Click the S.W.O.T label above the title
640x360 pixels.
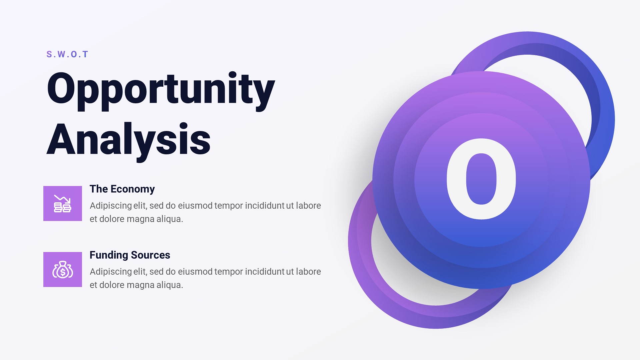[x=67, y=54]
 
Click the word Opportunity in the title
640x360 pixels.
[x=161, y=89]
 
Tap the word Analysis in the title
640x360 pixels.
[x=128, y=139]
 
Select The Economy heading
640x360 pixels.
[x=122, y=189]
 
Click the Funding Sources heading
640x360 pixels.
[x=130, y=255]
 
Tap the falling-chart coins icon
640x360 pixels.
[x=63, y=203]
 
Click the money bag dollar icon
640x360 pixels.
[x=63, y=269]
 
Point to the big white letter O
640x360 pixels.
[x=481, y=179]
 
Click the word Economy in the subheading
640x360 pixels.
[x=133, y=189]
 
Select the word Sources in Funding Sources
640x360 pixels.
[x=150, y=255]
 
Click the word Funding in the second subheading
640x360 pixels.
[x=109, y=255]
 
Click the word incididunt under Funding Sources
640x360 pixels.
[x=265, y=272]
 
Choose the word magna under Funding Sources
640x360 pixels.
[x=140, y=285]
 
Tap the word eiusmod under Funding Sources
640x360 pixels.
[x=195, y=272]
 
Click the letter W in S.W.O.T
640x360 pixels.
[x=61, y=54]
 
